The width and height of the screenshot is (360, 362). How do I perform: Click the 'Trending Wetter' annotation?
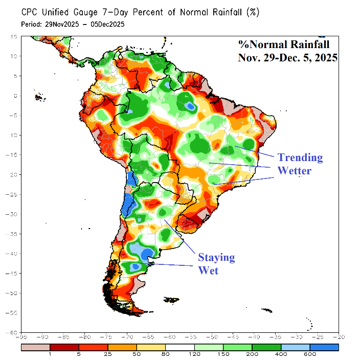300,164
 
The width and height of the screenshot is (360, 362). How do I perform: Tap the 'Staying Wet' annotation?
216,264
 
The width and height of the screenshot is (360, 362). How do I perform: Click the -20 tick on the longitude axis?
338,337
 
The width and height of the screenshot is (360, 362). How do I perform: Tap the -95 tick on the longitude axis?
22,337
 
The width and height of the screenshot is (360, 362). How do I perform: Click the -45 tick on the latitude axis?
15,273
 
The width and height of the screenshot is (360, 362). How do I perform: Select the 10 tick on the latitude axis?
16,56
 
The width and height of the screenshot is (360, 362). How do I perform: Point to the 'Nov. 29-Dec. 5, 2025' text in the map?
287,58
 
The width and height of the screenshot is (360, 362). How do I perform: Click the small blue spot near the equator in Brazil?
190,106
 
